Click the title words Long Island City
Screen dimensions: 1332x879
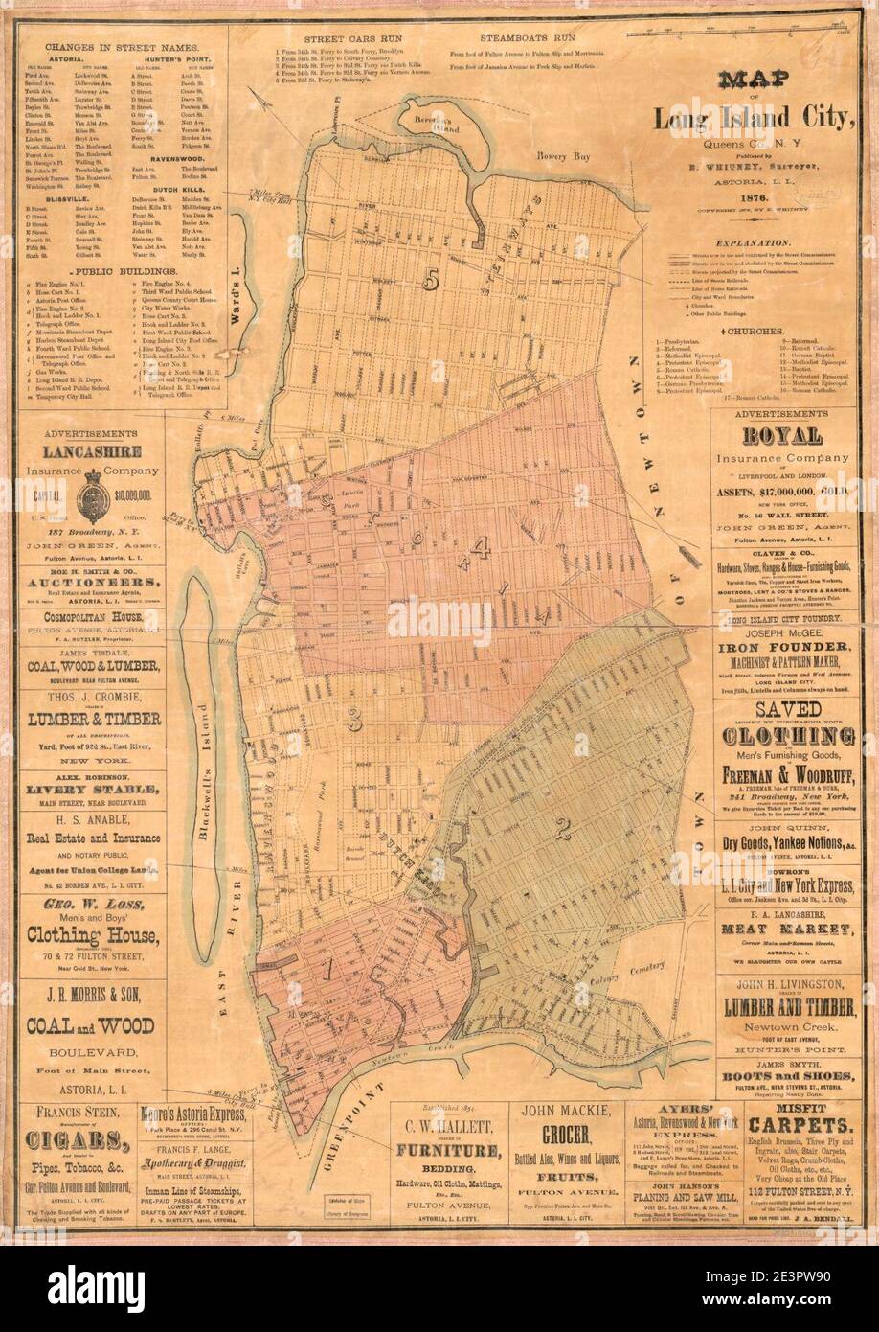[754, 120]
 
